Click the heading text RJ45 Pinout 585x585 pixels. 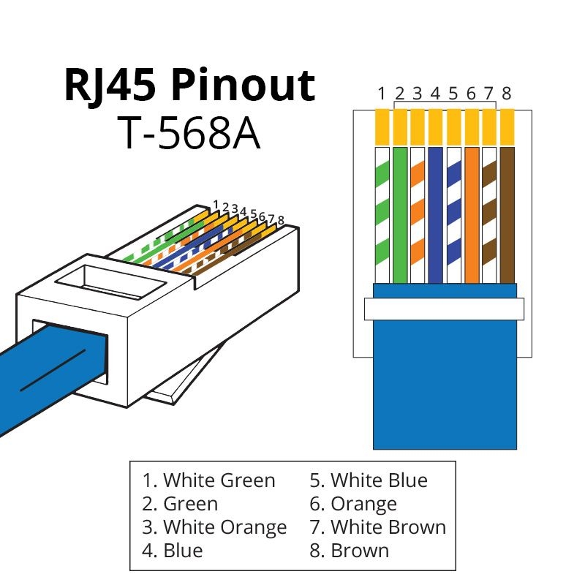coord(189,86)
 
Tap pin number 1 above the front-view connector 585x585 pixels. coord(382,94)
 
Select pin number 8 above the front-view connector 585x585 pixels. coord(506,94)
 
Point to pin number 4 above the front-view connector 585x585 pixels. coord(435,94)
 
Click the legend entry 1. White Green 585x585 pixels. coord(209,480)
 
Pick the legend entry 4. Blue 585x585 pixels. coord(173,549)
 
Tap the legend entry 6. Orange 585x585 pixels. coord(353,504)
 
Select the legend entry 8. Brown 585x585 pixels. coord(350,549)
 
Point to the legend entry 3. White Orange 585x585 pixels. coord(214,526)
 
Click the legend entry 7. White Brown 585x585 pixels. coord(377,526)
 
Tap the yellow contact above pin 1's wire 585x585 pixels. coord(382,126)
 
